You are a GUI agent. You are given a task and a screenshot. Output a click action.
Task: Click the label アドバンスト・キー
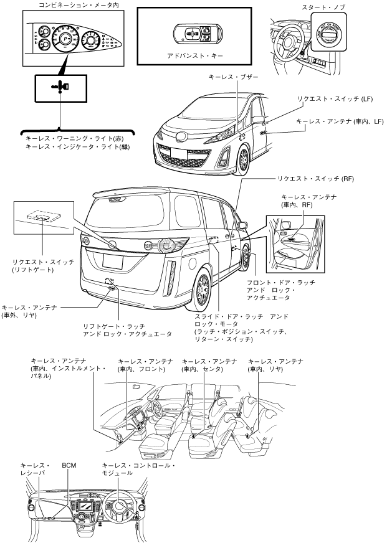195,55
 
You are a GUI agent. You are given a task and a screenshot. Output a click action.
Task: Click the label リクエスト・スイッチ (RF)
317,178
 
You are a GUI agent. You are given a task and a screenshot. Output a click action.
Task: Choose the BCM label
69,465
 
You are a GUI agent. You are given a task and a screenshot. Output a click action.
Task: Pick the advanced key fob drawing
194,32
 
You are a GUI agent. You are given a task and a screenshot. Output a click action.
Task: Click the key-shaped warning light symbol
60,87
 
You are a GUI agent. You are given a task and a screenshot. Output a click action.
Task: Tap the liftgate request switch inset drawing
42,217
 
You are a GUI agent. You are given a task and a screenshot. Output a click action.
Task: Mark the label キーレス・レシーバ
33,469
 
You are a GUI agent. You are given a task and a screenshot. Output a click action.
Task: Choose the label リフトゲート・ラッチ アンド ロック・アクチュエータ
127,330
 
